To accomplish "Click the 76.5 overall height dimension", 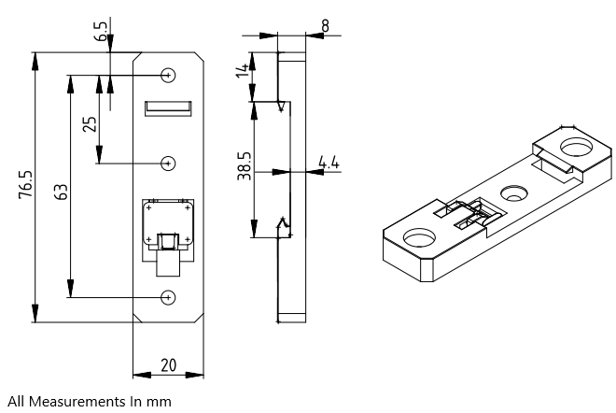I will pos(27,186).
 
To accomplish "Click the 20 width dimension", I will pos(169,364).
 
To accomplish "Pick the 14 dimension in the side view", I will pos(245,69).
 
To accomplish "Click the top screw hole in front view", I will pos(168,75).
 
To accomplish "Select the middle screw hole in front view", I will pos(168,164).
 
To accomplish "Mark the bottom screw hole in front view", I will pos(168,297).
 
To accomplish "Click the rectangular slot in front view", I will pos(168,109).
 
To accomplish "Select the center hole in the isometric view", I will pos(513,193).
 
